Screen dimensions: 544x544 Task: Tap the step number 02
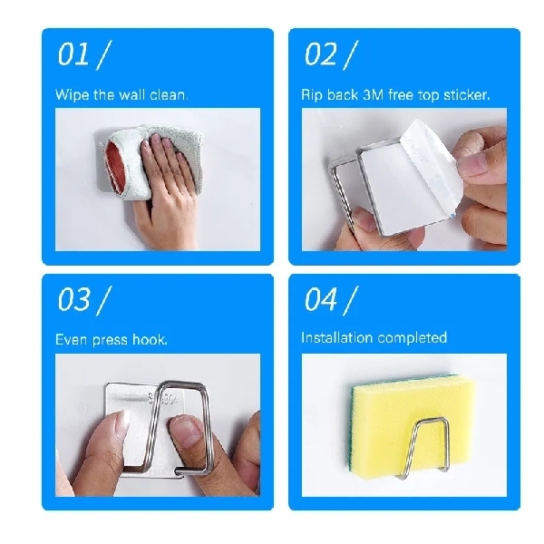pos(320,54)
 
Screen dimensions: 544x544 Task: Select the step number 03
pos(73,300)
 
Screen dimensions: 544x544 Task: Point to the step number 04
pos(320,298)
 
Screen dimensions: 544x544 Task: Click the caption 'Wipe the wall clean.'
pos(121,94)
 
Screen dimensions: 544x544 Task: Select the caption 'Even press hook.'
pos(111,340)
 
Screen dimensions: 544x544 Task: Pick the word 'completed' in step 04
pos(413,338)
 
